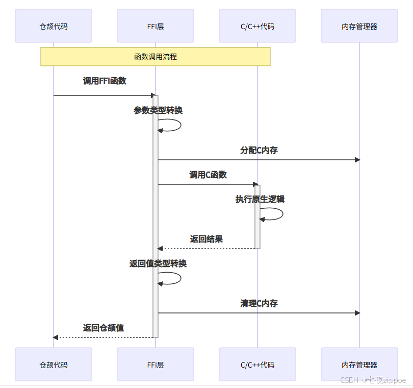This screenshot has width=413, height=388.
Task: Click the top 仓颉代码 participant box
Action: pos(54,26)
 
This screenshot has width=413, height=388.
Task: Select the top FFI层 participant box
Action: pos(156,26)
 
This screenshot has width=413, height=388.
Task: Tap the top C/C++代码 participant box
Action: pos(257,26)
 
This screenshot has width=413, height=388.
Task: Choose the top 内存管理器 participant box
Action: pos(359,26)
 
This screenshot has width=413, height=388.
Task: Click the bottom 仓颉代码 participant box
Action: pos(54,365)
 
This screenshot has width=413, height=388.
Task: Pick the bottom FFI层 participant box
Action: pos(156,365)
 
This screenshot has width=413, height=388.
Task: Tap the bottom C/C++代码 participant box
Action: pos(257,365)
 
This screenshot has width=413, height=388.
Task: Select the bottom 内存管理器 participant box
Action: pos(359,365)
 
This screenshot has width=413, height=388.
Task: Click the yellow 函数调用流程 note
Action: pos(156,57)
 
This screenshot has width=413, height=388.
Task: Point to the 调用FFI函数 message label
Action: pos(105,81)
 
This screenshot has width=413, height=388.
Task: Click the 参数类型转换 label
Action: pos(158,110)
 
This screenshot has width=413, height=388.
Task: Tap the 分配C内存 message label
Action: pos(259,150)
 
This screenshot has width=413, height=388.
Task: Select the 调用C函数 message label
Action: pos(208,175)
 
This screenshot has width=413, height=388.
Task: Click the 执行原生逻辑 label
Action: pos(260,199)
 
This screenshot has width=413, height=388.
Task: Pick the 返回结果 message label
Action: pos(206,239)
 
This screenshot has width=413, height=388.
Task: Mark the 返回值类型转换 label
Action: pos(158,263)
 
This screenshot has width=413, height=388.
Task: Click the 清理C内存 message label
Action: pos(259,303)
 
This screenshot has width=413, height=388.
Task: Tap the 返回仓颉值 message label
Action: pos(104,328)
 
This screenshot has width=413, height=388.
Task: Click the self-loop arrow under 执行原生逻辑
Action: pos(275,214)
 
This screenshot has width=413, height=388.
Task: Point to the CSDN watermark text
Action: pos(373,380)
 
